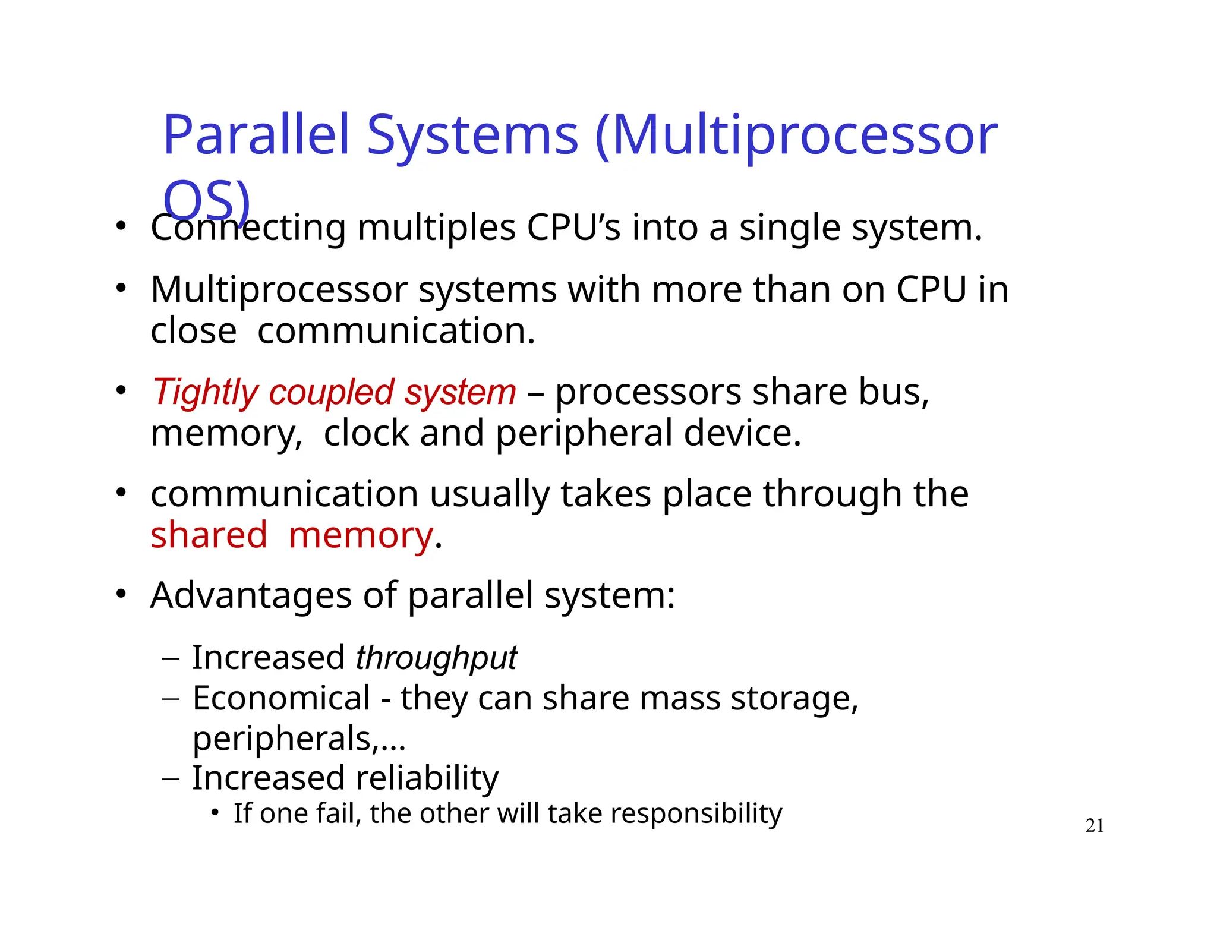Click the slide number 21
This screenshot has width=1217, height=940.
click(1095, 825)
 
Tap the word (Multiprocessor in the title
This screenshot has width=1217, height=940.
click(796, 137)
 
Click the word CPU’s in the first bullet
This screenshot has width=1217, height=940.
click(573, 228)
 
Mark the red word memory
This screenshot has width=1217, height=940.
click(361, 536)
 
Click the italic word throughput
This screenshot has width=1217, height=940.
click(436, 658)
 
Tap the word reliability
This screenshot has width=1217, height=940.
click(427, 778)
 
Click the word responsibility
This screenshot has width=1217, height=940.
click(696, 814)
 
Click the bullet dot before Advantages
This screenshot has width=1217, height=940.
click(121, 594)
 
